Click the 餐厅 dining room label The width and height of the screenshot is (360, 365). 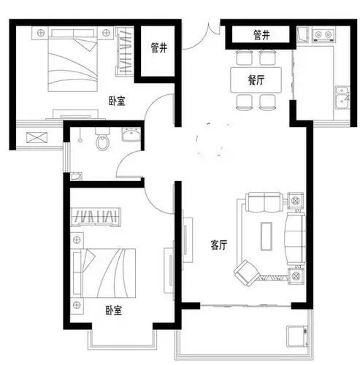pyautogui.click(x=256, y=80)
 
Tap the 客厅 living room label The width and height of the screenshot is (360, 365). pyautogui.click(x=219, y=245)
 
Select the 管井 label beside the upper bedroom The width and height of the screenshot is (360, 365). pyautogui.click(x=159, y=47)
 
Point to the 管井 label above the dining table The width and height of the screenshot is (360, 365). pyautogui.click(x=261, y=35)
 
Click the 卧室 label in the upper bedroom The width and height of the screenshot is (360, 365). pyautogui.click(x=117, y=101)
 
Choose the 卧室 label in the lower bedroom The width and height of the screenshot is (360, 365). pyautogui.click(x=114, y=310)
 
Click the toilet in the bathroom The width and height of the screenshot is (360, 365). pyautogui.click(x=102, y=140)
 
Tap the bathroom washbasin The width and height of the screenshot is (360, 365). pyautogui.click(x=131, y=134)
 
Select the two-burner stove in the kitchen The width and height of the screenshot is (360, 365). pyautogui.click(x=323, y=34)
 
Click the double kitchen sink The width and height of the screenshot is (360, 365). pyautogui.click(x=342, y=98)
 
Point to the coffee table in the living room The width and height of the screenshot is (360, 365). pyautogui.click(x=267, y=237)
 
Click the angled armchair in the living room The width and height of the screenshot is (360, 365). pyautogui.click(x=247, y=273)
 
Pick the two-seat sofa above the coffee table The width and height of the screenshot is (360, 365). pyautogui.click(x=264, y=202)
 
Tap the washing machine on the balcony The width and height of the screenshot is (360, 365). pyautogui.click(x=297, y=337)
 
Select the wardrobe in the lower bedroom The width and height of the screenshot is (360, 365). pyautogui.click(x=96, y=217)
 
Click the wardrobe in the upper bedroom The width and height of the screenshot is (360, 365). pyautogui.click(x=125, y=51)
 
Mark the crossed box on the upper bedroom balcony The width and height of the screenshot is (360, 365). pyautogui.click(x=37, y=137)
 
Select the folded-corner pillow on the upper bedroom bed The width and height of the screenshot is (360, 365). pyautogui.click(x=86, y=44)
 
